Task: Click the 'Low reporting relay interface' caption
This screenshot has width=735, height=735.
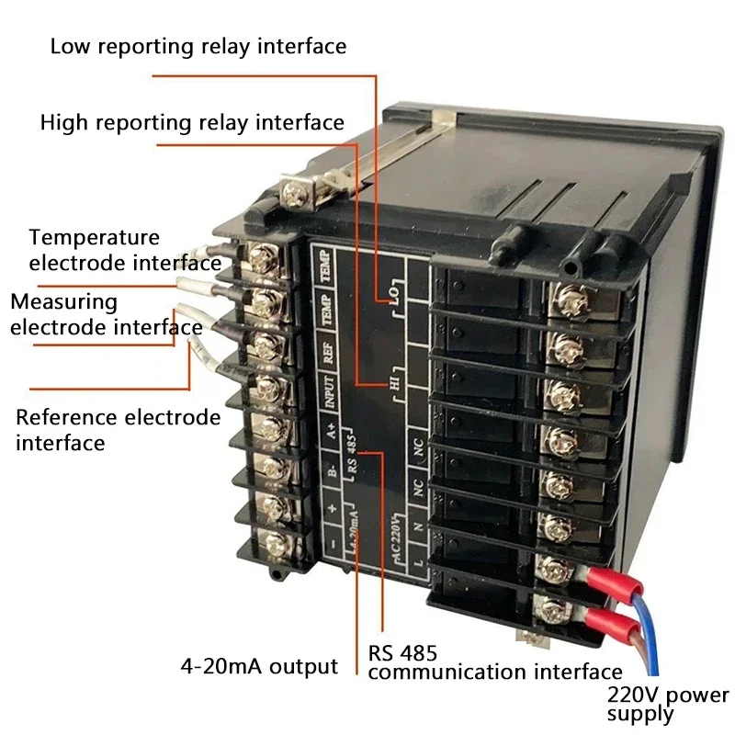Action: coord(198,46)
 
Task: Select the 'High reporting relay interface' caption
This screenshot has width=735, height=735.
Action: coord(192,122)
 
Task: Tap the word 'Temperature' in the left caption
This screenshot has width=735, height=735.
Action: coord(94,238)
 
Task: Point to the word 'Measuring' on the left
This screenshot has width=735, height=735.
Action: coord(64,301)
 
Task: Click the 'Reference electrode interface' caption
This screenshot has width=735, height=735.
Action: coord(119,430)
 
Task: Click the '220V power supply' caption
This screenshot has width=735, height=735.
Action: coord(667,704)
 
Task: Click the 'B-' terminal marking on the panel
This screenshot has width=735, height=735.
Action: coord(332,471)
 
